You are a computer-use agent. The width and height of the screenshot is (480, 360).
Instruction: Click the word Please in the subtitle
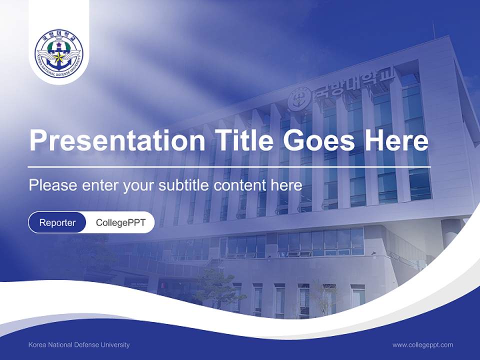(x=51, y=185)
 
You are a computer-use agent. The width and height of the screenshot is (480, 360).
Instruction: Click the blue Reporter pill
(x=57, y=222)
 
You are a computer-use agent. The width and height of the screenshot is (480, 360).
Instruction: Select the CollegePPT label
(x=120, y=222)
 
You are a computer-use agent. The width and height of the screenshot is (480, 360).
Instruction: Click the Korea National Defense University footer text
(x=79, y=345)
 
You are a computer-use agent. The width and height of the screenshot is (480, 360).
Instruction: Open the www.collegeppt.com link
(x=422, y=345)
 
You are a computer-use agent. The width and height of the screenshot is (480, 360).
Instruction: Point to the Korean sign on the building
(x=353, y=85)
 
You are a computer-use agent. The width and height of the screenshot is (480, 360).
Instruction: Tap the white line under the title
(x=229, y=166)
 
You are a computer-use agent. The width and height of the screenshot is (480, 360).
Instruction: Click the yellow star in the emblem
(x=59, y=56)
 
